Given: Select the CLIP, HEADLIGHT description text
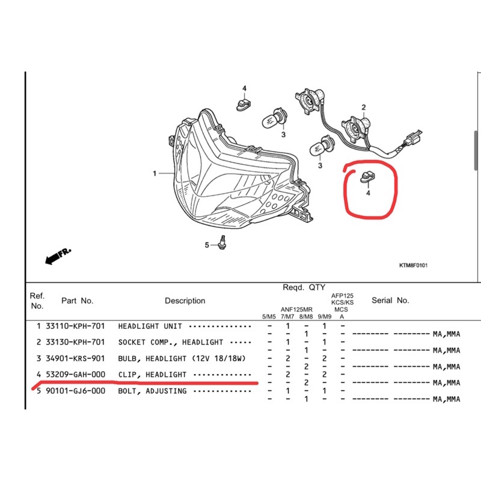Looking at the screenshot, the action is pyautogui.click(x=152, y=375).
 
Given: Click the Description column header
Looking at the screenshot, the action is pyautogui.click(x=185, y=301).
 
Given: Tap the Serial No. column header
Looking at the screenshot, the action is pyautogui.click(x=390, y=300).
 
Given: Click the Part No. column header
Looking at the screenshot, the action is pyautogui.click(x=78, y=300).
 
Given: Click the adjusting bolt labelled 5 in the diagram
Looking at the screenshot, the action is pyautogui.click(x=224, y=243).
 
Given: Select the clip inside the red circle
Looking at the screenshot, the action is pyautogui.click(x=366, y=177).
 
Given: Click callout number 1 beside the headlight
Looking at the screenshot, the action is pyautogui.click(x=155, y=174).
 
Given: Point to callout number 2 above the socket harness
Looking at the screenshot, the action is pyautogui.click(x=363, y=108).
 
